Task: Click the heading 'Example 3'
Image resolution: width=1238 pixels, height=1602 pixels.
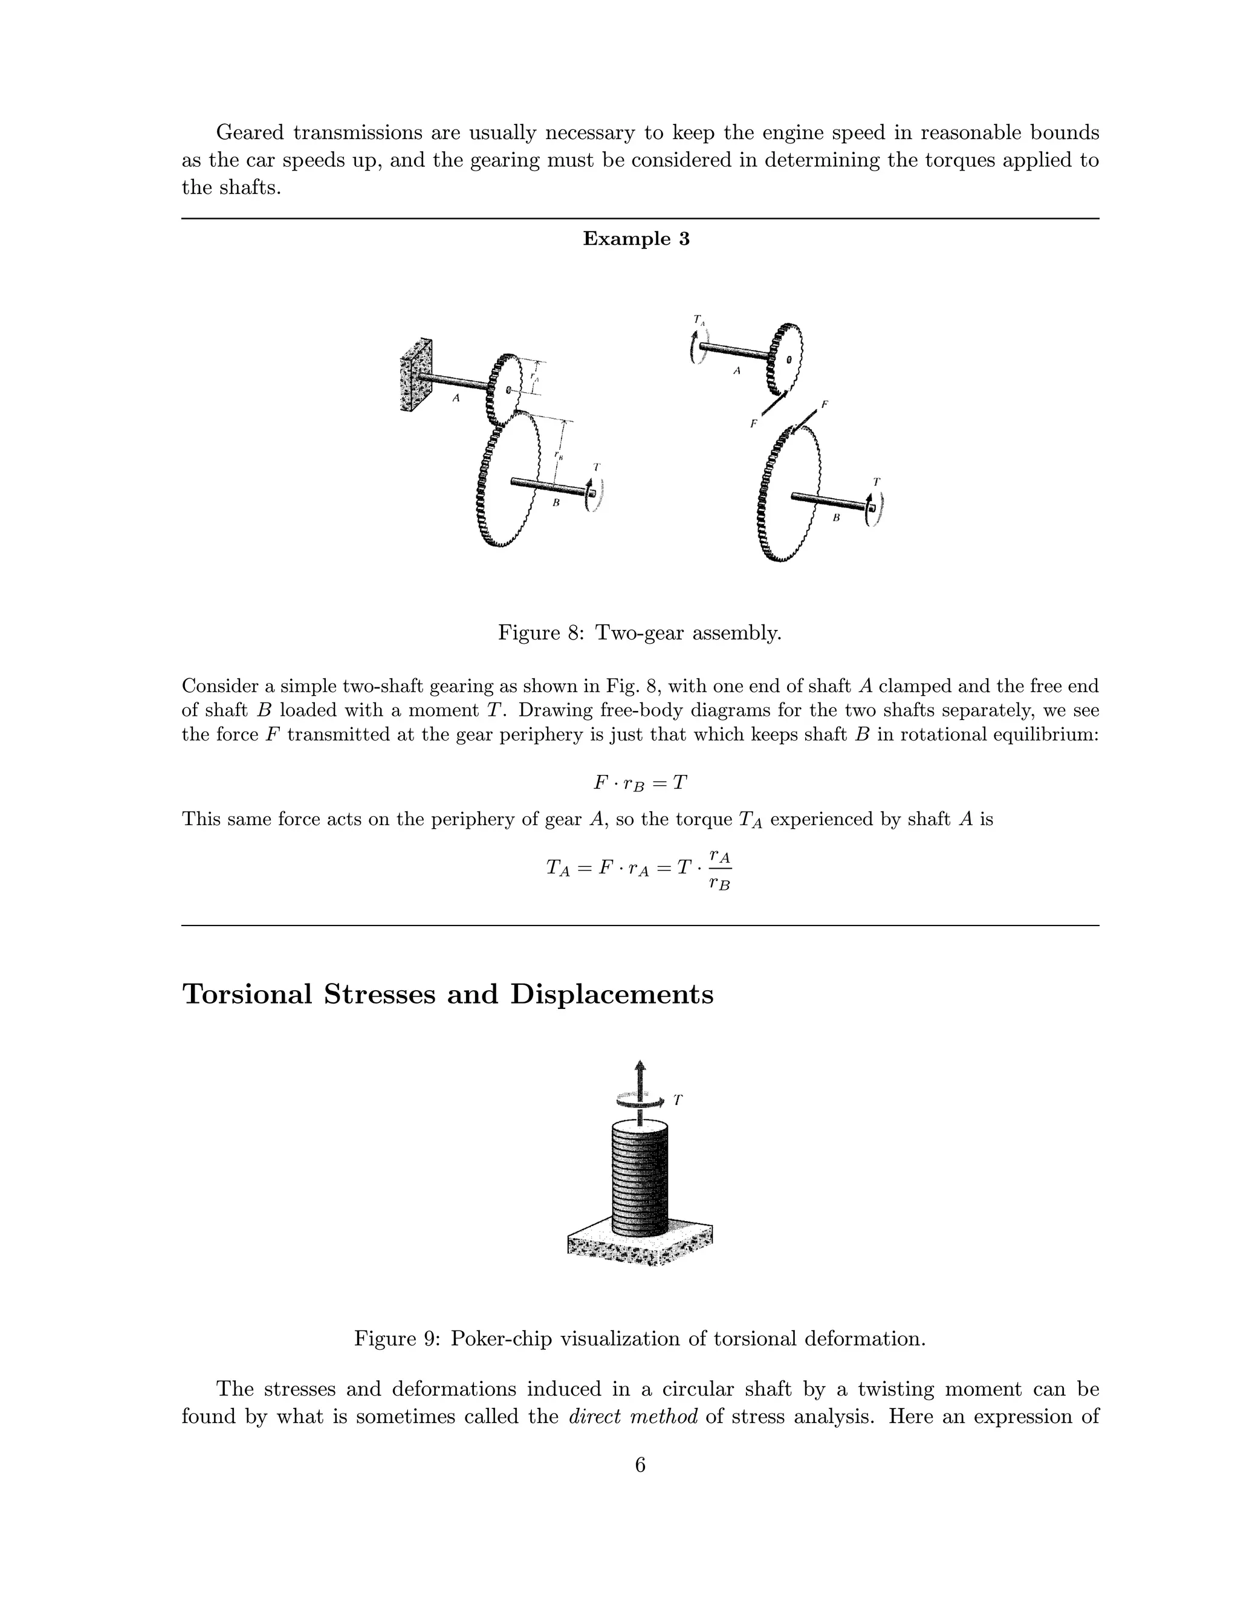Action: [636, 239]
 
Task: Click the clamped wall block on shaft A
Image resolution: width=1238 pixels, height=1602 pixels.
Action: [416, 375]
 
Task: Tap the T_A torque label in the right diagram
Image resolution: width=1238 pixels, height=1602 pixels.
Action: [699, 320]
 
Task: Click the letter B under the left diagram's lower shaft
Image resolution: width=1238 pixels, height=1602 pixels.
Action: [556, 503]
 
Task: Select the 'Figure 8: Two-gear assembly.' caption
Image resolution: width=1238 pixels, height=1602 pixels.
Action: [640, 632]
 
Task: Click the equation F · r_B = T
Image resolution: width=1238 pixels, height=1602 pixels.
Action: [640, 783]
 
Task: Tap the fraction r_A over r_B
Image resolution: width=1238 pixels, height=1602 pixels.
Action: [719, 870]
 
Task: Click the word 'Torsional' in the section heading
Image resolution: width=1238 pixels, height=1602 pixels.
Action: [247, 994]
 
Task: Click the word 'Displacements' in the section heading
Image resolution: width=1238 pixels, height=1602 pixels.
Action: [612, 994]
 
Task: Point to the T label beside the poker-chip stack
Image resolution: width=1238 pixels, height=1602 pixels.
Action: [678, 1100]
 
